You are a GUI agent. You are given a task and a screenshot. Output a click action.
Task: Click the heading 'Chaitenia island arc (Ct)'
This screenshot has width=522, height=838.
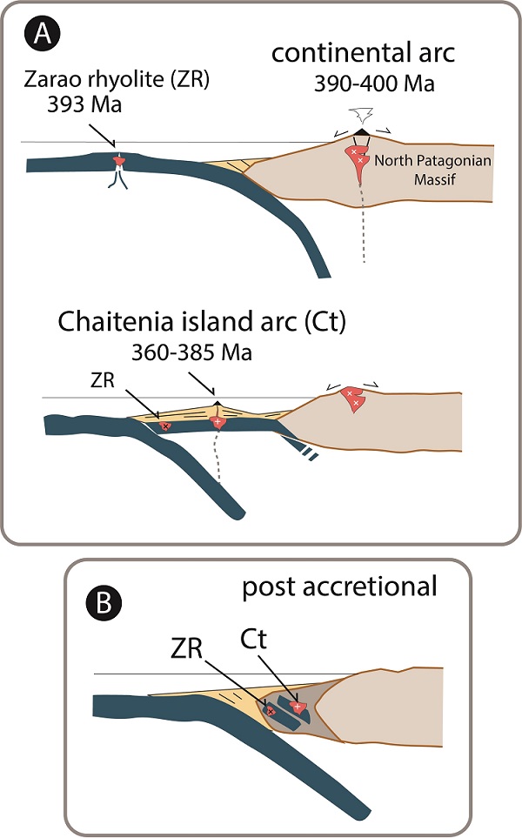point(202,321)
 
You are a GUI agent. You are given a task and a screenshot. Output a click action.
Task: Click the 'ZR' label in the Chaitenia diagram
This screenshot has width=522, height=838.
point(101,382)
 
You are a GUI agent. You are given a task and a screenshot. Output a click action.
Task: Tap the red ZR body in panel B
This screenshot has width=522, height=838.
point(271,711)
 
